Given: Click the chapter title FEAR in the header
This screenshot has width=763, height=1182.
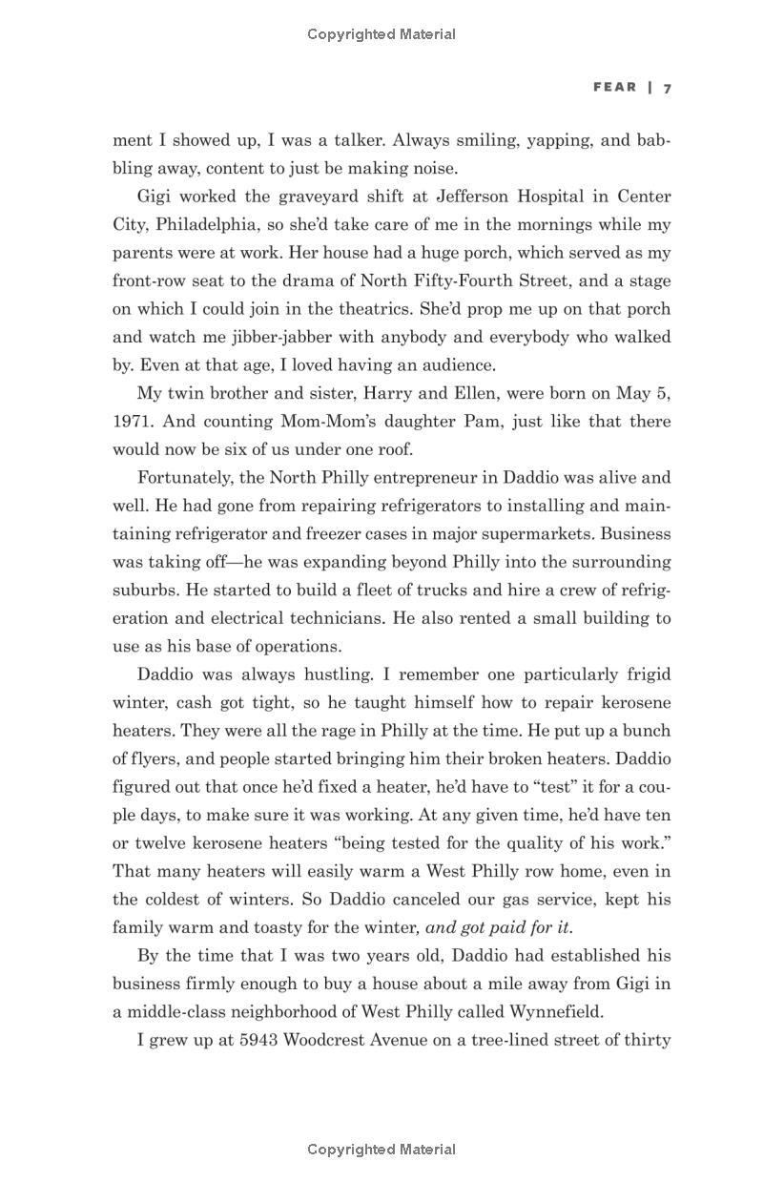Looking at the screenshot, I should tap(614, 87).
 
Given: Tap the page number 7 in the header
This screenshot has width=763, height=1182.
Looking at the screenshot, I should tap(668, 88).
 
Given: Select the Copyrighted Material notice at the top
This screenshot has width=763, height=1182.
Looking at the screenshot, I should tap(381, 34).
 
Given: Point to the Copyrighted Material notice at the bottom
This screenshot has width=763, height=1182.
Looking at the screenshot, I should tap(381, 1150).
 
